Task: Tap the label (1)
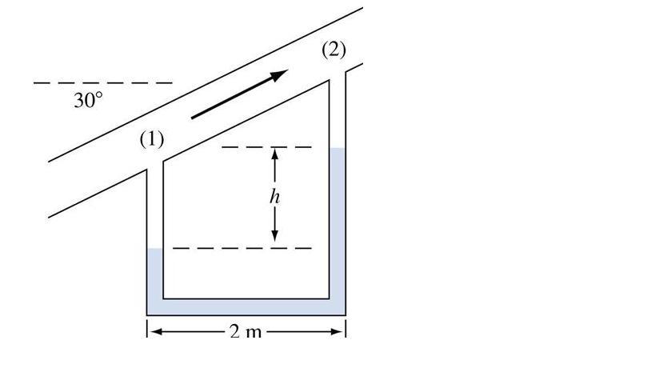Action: pos(152,139)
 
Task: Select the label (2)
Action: pos(333,50)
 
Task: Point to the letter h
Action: pos(276,196)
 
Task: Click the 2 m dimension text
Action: pos(246,330)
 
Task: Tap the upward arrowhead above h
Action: pos(275,154)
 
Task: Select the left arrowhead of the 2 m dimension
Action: pos(152,330)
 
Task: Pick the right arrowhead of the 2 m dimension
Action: pos(340,330)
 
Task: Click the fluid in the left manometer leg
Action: pos(155,276)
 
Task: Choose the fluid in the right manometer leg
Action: pos(337,224)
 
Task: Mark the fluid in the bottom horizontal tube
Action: pos(246,306)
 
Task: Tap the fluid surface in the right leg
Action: pos(337,149)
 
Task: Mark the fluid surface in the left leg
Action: pos(155,250)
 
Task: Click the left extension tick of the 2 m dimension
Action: pos(147,329)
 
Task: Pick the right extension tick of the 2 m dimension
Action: pos(345,329)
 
